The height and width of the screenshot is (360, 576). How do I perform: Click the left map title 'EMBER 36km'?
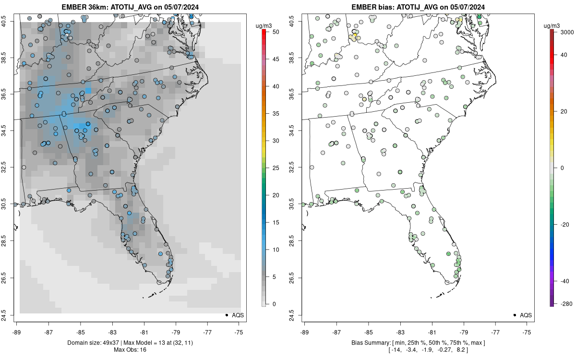pos(84,7)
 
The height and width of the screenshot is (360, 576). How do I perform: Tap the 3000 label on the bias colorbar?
pos(567,32)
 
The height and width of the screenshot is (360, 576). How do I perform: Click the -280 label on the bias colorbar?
pos(567,304)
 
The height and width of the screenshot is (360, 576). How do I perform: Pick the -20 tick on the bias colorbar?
pos(564,225)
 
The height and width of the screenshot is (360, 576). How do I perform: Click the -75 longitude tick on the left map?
pos(239,332)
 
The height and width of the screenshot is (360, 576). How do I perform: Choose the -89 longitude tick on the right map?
pos(304,332)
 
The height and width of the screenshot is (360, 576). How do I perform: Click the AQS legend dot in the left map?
pos(227,315)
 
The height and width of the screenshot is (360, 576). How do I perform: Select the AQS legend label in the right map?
pos(526,315)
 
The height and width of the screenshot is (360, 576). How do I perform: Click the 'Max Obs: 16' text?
pos(130,350)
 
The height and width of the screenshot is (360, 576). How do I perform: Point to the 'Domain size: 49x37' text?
pos(94,343)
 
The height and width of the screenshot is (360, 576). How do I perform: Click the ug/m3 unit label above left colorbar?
pos(264,26)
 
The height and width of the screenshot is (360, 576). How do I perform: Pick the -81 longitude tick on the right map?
pos(432,332)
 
